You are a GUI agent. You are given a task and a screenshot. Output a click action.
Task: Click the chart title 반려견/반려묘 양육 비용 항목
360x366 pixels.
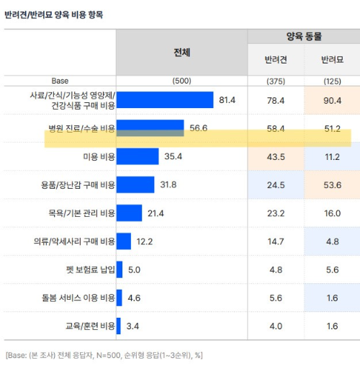pyautogui.click(x=53, y=14)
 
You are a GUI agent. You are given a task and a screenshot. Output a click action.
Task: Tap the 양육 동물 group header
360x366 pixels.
pyautogui.click(x=304, y=36)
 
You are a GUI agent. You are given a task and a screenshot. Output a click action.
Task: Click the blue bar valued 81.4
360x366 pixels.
pyautogui.click(x=165, y=99)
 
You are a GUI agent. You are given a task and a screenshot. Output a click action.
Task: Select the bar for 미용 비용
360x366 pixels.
pyautogui.click(x=137, y=156)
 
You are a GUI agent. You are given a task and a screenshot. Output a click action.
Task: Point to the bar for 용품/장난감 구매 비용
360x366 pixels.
pyautogui.click(x=135, y=184)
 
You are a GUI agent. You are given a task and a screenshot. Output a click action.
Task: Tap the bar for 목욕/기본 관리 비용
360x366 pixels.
pyautogui.click(x=129, y=213)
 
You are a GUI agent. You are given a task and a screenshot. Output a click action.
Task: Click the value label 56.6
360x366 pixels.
pyautogui.click(x=199, y=128)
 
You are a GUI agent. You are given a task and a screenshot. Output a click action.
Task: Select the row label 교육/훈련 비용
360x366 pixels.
pyautogui.click(x=89, y=326)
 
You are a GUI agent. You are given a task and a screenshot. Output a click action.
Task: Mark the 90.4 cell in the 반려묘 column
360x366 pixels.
pyautogui.click(x=332, y=99)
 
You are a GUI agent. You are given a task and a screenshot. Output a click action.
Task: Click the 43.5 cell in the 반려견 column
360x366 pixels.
pyautogui.click(x=276, y=156)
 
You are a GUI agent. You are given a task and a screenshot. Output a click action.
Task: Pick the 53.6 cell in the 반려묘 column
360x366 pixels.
pyautogui.click(x=332, y=184)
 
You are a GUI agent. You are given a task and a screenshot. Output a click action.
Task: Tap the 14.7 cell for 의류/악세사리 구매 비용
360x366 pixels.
pyautogui.click(x=276, y=241)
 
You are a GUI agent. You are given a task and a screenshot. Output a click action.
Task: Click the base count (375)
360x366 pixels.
pyautogui.click(x=276, y=81)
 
